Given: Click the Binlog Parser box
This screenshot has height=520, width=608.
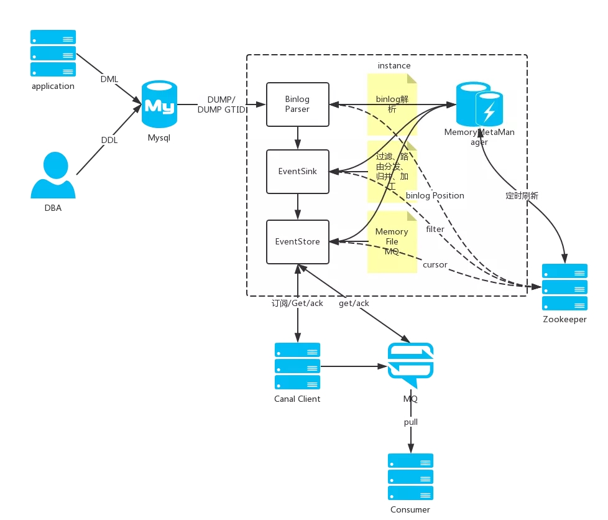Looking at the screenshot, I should coord(298,104).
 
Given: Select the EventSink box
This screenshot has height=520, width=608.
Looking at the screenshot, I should coord(298,171).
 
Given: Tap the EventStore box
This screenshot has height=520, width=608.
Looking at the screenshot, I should coord(298,241).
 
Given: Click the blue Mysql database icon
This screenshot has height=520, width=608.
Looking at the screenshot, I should coord(159,105).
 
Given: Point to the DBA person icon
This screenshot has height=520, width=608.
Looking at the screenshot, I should coord(53,177).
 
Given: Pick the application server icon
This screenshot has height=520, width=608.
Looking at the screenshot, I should coord(53,53).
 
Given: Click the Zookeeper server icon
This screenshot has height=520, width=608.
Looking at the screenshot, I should coord(564,287).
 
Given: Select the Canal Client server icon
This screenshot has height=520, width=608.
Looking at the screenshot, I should coord(297,366).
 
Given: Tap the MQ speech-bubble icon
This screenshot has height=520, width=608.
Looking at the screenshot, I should coord(410,364).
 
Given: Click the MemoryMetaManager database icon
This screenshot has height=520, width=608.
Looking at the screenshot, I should coord(479,104).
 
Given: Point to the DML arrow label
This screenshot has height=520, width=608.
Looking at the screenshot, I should coord(109,79).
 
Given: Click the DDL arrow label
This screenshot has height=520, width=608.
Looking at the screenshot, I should coord(109,140).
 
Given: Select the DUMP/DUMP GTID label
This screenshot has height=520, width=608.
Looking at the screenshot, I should coord(221,104).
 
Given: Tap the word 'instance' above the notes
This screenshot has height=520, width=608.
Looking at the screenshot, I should coord(394,65).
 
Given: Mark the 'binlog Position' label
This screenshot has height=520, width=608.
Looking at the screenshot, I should coord(435,195).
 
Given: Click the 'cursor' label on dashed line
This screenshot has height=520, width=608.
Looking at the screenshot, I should coord(435,264).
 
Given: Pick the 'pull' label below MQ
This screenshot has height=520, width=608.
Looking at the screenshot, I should coord(411,422).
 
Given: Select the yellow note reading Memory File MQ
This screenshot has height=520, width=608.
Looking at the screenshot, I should coord(392,241).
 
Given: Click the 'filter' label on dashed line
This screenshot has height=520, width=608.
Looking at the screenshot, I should coord(435,229).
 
